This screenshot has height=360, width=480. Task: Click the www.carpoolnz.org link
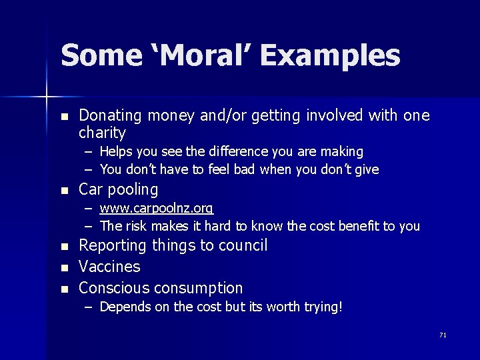click(x=157, y=209)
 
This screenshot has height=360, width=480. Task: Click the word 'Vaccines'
click(x=109, y=267)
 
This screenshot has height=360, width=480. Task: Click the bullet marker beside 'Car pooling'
click(x=64, y=191)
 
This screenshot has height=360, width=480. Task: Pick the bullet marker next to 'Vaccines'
click(x=64, y=268)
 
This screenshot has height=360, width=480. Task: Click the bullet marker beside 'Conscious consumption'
click(x=64, y=289)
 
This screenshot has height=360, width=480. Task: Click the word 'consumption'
click(x=198, y=289)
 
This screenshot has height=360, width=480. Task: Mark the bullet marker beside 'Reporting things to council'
click(x=64, y=247)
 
